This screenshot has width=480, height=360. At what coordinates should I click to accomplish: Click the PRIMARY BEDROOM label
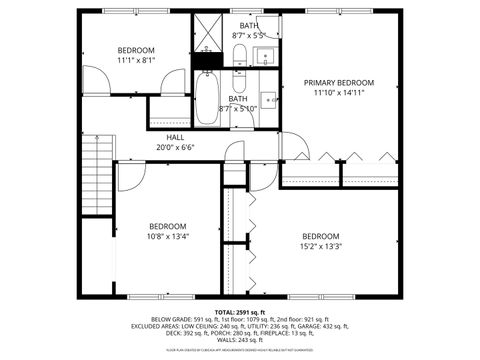(x=340, y=83)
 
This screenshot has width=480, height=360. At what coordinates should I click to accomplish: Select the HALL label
(x=174, y=137)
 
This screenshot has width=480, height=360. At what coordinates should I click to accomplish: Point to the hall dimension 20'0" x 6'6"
(x=174, y=147)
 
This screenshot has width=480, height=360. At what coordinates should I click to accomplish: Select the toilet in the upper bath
(x=240, y=58)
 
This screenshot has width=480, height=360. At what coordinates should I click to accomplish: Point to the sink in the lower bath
(x=269, y=99)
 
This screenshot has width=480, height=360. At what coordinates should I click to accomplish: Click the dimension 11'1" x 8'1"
(x=136, y=60)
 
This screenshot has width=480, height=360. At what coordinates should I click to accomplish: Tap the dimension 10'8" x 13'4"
(x=168, y=237)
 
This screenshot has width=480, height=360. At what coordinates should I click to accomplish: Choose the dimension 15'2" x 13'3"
(x=321, y=246)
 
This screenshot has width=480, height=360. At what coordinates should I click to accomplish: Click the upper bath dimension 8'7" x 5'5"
(x=248, y=35)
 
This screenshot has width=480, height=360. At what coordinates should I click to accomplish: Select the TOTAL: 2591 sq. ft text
(x=240, y=311)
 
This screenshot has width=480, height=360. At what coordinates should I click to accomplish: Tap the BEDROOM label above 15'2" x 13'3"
(x=321, y=236)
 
